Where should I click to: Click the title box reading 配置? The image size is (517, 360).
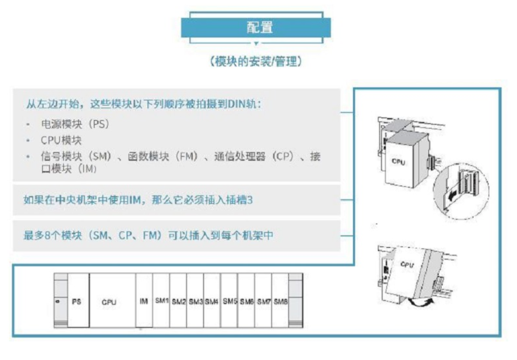pos(256,28)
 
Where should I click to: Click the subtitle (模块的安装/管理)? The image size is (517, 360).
pos(256,62)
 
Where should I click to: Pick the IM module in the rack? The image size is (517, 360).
pos(144,300)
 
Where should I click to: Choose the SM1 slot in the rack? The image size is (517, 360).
pos(161,300)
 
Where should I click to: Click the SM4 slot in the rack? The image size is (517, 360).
pos(212,300)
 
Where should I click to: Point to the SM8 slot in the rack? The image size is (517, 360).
pos(280,300)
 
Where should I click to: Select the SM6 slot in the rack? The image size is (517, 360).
pos(246,300)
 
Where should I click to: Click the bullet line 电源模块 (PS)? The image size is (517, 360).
pos(75,124)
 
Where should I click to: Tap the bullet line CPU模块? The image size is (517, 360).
pos(61,140)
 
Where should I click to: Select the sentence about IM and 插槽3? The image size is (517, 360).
pos(138,200)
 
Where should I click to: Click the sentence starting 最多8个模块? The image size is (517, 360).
pos(148,235)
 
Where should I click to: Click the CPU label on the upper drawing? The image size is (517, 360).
pos(398,162)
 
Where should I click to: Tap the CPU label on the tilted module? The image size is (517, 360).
pos(407,264)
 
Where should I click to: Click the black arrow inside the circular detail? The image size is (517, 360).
pos(452,196)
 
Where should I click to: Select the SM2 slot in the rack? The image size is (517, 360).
pos(178,300)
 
